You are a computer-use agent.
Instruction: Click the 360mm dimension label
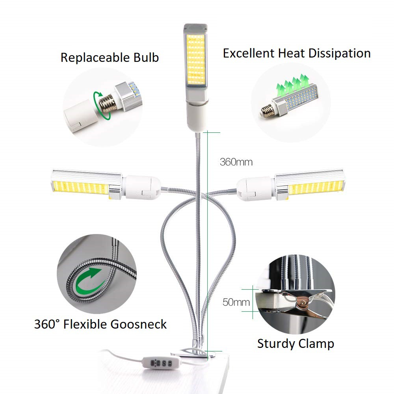(x=236, y=162)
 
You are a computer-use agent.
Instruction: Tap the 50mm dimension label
(x=236, y=302)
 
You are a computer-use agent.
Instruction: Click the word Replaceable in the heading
(x=95, y=58)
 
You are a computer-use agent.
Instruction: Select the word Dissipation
(x=340, y=53)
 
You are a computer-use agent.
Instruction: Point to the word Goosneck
(x=138, y=324)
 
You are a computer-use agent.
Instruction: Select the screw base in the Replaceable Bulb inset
(x=108, y=102)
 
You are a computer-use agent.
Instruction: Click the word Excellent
(x=249, y=53)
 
